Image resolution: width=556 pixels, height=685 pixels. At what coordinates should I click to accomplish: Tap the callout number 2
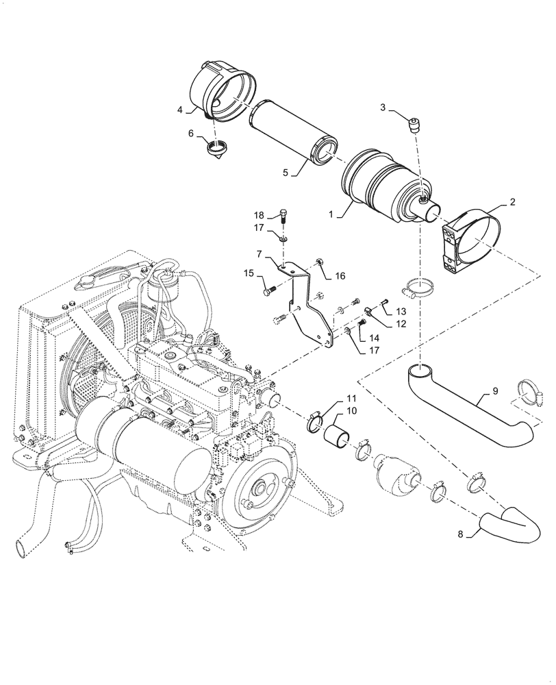(512, 202)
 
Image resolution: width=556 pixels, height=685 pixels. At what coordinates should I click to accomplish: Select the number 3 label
(383, 107)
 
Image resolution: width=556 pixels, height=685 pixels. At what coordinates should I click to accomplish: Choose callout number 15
(248, 274)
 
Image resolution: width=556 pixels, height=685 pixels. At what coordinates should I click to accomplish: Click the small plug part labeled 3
(414, 125)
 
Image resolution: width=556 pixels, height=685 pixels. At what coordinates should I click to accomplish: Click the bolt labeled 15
(269, 290)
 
